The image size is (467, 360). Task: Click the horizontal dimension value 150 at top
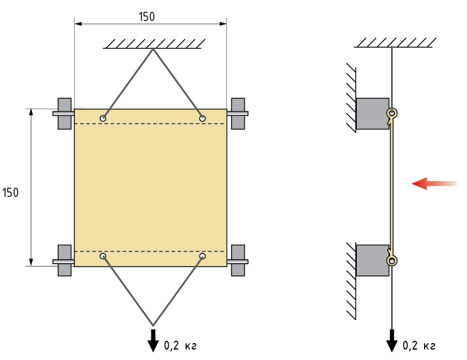[147, 17]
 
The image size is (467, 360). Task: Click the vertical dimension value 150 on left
[10, 193]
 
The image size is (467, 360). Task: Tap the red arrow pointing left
[435, 183]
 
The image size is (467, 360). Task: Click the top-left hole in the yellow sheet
[103, 118]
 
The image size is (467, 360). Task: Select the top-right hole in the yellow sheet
[202, 118]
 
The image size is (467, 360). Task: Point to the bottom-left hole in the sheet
[103, 256]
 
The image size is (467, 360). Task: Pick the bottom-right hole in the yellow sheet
[202, 256]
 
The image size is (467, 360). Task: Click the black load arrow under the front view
[153, 341]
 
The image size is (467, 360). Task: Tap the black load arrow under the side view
[392, 341]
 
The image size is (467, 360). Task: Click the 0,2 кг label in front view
[180, 345]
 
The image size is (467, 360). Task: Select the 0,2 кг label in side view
[419, 345]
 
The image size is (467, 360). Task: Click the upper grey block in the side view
[372, 114]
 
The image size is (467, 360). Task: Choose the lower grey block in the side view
[372, 261]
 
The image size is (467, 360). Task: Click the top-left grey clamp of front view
[64, 114]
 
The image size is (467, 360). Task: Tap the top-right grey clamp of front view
[238, 114]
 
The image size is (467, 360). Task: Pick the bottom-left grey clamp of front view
[64, 261]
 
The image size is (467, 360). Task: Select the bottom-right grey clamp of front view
[238, 261]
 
